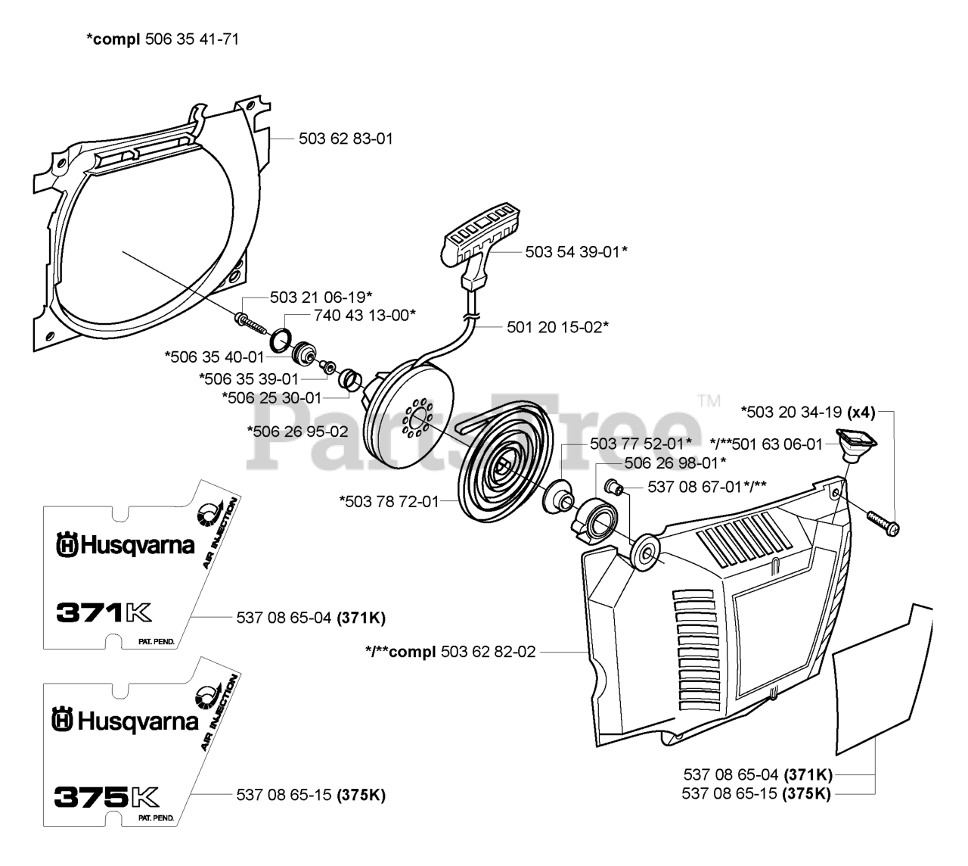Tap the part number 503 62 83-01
point(346,139)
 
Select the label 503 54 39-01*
point(576,252)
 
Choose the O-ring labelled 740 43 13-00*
point(280,339)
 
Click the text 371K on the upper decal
point(104,612)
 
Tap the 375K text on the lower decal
point(106,796)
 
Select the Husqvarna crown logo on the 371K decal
point(67,545)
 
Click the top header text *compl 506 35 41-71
point(163,39)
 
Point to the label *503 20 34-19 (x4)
point(808,413)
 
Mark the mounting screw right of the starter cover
point(883,524)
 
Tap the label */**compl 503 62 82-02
point(450,652)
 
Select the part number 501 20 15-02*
point(557,327)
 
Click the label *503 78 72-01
point(389,501)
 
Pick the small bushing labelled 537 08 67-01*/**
point(613,488)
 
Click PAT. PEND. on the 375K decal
point(157,818)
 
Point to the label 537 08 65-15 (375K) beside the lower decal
point(311,795)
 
